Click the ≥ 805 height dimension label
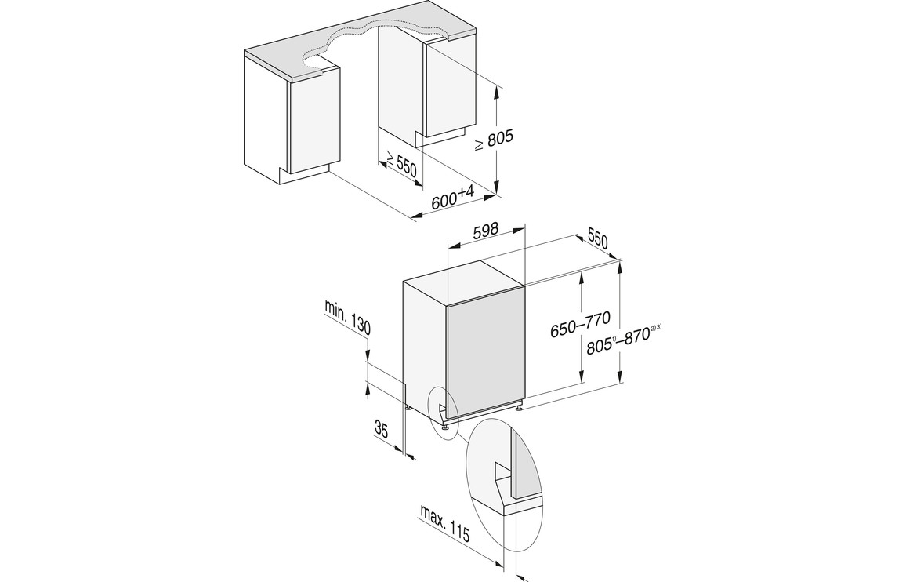click(x=494, y=141)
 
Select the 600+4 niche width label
click(x=453, y=198)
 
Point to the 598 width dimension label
click(x=486, y=230)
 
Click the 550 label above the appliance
click(x=598, y=238)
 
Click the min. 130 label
click(x=347, y=317)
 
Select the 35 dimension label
click(x=381, y=429)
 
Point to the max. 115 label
click(x=444, y=524)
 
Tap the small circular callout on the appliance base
click(x=443, y=412)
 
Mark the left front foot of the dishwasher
click(x=446, y=427)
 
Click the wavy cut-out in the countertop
click(x=377, y=45)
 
